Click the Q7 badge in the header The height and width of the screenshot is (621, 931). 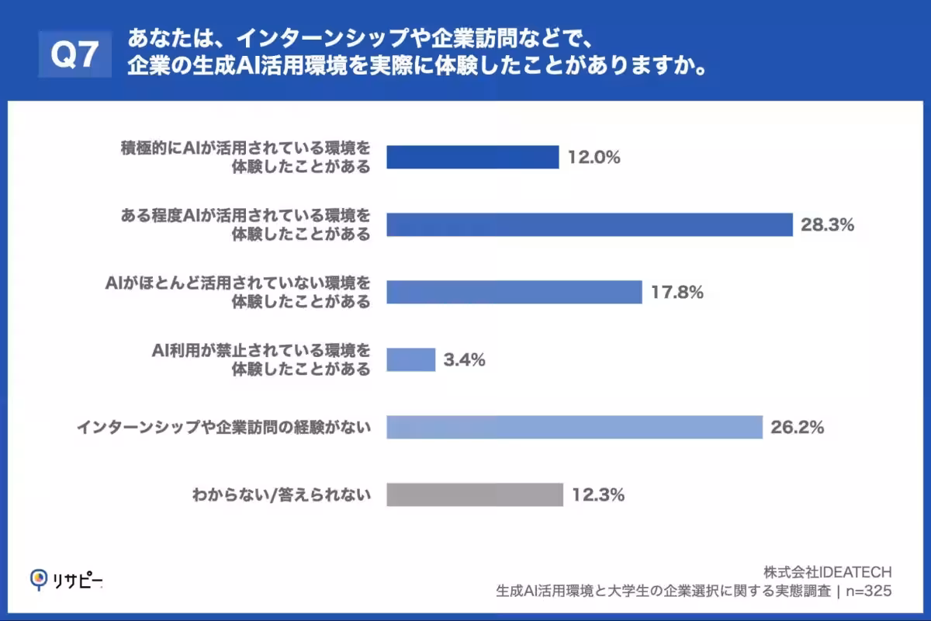point(75,54)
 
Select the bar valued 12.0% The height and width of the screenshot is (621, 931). point(472,158)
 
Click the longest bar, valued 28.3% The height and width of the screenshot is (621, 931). point(589,225)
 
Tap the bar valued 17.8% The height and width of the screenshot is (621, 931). point(514,292)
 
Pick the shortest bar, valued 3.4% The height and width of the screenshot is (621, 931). point(410,359)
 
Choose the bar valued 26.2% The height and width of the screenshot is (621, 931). point(574,427)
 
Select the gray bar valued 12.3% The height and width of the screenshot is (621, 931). point(474,494)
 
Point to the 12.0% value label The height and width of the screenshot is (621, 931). point(594,158)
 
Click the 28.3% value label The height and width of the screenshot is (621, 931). point(827,225)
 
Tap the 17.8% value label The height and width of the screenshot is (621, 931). point(677,293)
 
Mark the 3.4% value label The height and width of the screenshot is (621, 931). point(465,360)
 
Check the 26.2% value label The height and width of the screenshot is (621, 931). point(797,427)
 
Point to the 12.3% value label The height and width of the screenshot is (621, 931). point(597,494)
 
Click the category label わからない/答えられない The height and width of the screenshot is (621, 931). point(281,494)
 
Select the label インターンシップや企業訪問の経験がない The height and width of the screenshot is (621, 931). point(223,427)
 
